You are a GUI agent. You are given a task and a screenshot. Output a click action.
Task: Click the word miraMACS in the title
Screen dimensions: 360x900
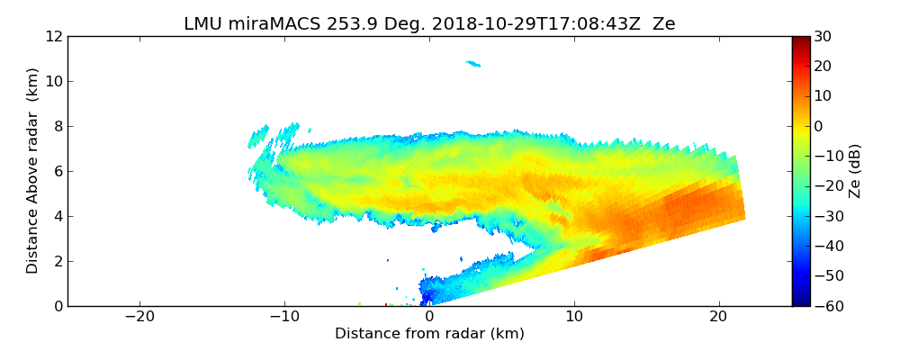point(266,23)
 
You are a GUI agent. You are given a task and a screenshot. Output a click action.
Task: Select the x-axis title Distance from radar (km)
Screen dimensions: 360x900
point(429,334)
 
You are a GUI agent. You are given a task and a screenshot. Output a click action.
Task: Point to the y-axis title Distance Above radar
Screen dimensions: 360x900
point(33,171)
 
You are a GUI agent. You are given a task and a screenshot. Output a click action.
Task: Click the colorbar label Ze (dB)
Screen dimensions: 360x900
point(855,171)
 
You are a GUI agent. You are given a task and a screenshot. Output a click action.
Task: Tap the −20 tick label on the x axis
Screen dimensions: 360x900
point(139,317)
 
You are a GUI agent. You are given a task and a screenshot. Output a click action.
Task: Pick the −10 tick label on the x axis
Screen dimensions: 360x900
point(284,317)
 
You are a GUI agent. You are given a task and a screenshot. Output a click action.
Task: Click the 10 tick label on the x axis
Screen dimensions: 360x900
point(574,317)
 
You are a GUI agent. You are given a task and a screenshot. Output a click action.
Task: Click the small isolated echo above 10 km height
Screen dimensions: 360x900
point(473,64)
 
